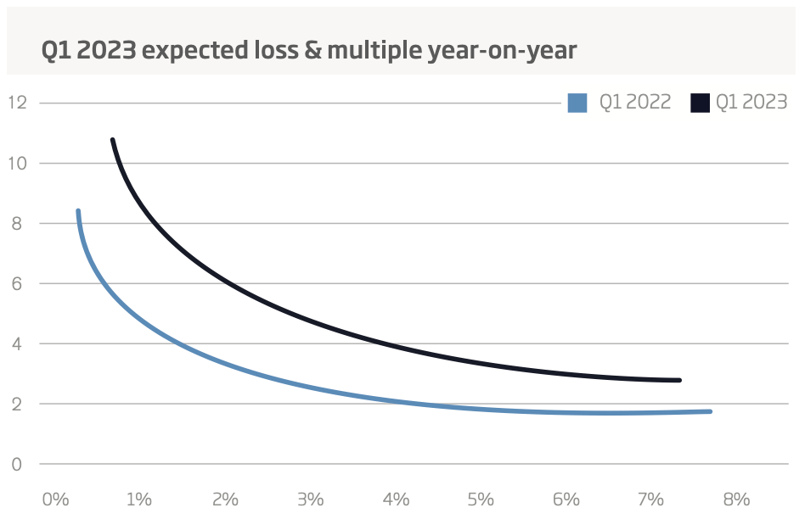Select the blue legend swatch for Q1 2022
click(577, 103)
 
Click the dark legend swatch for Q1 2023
click(701, 103)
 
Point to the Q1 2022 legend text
click(635, 103)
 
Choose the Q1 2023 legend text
click(752, 103)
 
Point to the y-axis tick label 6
click(18, 283)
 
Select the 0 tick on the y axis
click(18, 464)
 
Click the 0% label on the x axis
click(55, 499)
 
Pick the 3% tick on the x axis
click(311, 499)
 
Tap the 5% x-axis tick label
click(481, 499)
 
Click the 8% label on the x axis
click(736, 499)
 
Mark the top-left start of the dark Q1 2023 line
click(112, 140)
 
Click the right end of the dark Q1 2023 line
click(679, 380)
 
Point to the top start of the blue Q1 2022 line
click(78, 211)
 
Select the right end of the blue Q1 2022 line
click(709, 411)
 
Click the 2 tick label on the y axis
click(18, 404)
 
